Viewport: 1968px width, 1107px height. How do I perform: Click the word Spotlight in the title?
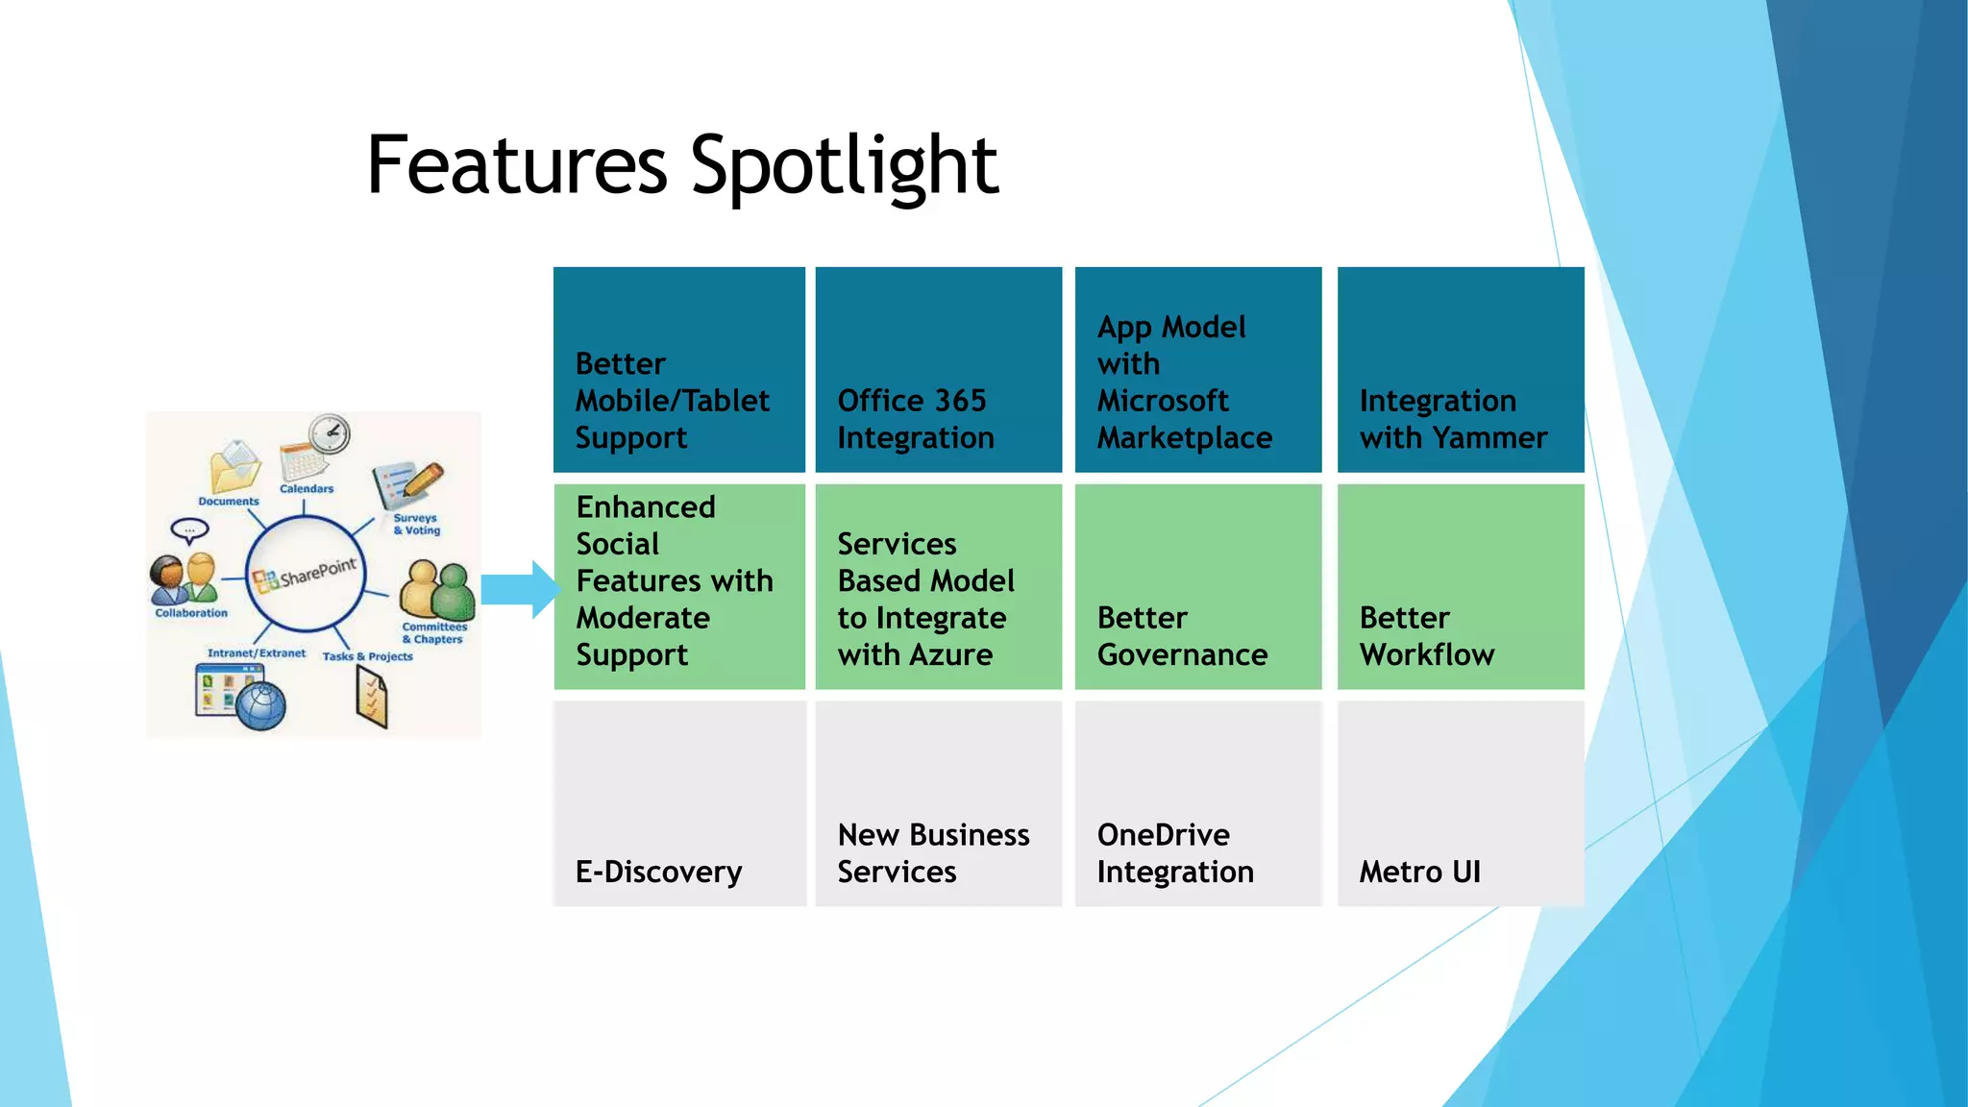tap(844, 165)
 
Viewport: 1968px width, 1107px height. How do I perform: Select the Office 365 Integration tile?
tap(938, 370)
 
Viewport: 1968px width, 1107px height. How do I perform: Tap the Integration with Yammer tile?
tap(1460, 370)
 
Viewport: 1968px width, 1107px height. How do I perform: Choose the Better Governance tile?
tap(1197, 586)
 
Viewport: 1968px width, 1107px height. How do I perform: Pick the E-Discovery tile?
tap(678, 803)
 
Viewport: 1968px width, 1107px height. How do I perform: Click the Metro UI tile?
tap(1460, 803)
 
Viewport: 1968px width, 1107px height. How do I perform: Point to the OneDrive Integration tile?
tap(1197, 803)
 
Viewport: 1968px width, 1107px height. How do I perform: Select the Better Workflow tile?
tap(1460, 586)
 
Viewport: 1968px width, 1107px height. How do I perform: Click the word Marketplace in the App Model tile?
tap(1184, 438)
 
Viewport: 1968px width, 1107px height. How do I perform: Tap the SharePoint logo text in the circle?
tap(317, 574)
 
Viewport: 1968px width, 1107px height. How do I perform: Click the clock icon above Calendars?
tap(330, 434)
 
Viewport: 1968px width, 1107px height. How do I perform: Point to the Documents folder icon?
tap(234, 468)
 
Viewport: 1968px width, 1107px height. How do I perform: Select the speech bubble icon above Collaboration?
tap(189, 530)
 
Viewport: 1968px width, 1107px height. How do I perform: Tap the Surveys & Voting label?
tap(416, 524)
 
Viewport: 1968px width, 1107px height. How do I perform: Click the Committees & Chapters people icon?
tap(437, 590)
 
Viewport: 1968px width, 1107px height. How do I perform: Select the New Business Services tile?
tap(938, 803)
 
